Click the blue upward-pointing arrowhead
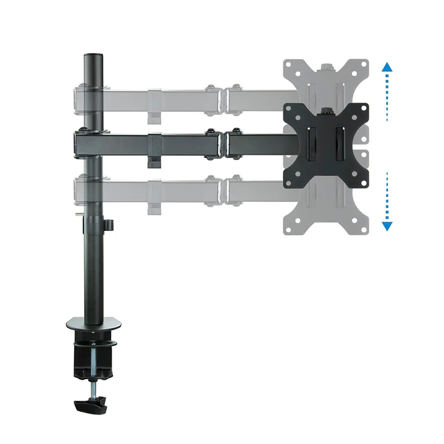(387, 66)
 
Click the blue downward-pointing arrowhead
(387, 225)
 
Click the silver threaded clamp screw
(94, 371)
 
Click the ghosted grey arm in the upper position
(185, 97)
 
